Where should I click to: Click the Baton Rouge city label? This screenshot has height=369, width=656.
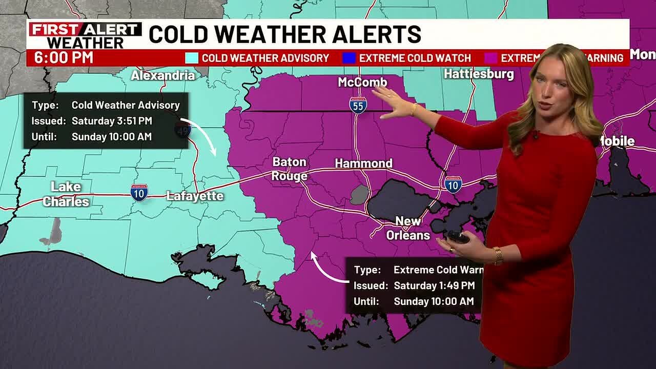pos(290,169)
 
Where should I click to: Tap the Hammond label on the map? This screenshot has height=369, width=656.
pos(363,163)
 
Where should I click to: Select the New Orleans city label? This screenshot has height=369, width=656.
pos(408,228)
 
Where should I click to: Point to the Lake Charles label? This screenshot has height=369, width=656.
pos(66,194)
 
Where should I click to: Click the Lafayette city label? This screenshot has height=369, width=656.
pos(195,196)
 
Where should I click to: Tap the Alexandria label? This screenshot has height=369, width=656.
pos(163,76)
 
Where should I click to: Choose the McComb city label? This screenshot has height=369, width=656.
pos(362,82)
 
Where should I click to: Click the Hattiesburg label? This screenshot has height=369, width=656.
pos(479,74)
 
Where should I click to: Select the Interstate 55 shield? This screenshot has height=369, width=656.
pos(358,106)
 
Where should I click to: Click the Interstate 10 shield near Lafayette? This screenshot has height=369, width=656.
pos(139,192)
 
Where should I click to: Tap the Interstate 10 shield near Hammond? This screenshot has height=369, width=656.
pos(453,184)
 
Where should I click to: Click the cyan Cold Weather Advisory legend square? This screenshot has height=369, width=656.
pos(192,58)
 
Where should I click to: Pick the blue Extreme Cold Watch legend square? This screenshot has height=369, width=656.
pos(349,58)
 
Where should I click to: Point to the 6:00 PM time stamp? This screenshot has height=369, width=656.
pos(64,58)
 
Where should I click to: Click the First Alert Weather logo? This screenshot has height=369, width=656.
pos(85,35)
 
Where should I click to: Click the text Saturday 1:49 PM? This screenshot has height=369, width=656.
pos(434,285)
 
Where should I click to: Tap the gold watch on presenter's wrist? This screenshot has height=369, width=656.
pos(497,255)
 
